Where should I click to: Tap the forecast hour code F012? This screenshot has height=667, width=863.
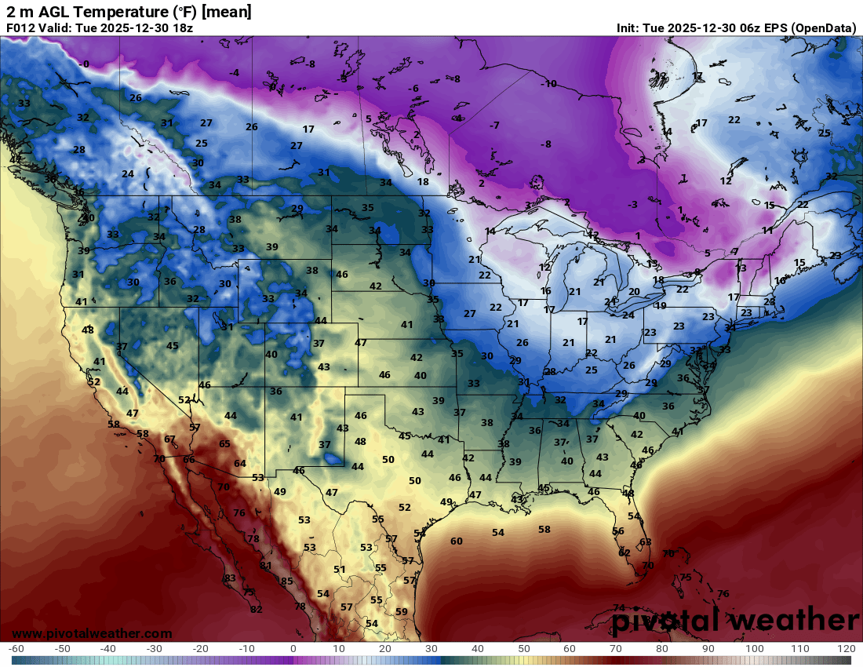coord(20,27)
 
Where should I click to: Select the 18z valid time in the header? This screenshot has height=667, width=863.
coord(181,27)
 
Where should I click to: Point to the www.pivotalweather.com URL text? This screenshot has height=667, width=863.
coord(92,633)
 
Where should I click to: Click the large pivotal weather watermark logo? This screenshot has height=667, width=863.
coord(735,620)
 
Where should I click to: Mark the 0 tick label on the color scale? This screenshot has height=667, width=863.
coord(293,649)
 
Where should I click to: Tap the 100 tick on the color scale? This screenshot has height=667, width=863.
coord(754,649)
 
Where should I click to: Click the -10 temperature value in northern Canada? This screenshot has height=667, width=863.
coord(549,84)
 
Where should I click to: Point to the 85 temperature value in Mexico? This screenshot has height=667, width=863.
coord(287,581)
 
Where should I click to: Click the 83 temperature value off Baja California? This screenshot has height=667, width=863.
coord(230,578)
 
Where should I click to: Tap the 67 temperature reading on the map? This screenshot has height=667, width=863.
coord(170,439)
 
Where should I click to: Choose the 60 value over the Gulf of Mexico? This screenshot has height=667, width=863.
coord(457,541)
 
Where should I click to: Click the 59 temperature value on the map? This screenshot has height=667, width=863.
coord(402,612)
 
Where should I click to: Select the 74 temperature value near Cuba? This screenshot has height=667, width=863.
coord(619,608)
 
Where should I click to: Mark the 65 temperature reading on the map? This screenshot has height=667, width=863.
coord(225,444)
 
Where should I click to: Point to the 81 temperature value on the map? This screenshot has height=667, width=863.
coord(266,565)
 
